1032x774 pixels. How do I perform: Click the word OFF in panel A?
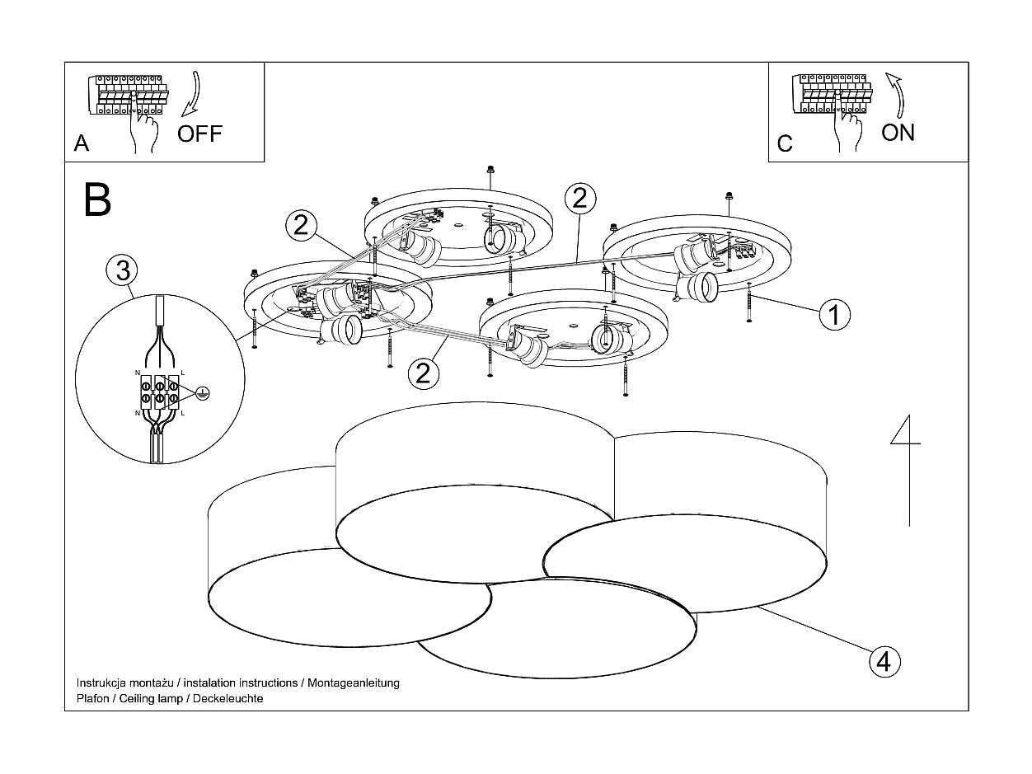pos(200,134)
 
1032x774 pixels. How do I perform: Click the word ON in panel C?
pos(898,132)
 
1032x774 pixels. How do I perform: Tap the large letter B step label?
pos(97,199)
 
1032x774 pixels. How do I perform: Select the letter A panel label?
pos(82,143)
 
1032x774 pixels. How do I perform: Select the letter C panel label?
pos(785,143)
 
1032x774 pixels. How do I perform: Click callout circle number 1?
pos(834,314)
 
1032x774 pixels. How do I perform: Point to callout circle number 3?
pos(122,270)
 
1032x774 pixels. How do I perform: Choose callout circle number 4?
pos(883,661)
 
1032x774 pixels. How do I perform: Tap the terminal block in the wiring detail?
pos(160,392)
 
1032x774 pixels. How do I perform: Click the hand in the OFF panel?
pos(145,129)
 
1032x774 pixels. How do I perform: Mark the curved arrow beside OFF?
pos(192,93)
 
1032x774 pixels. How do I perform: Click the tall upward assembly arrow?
pos(908,470)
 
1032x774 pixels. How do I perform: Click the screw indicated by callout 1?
pos(748,303)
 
